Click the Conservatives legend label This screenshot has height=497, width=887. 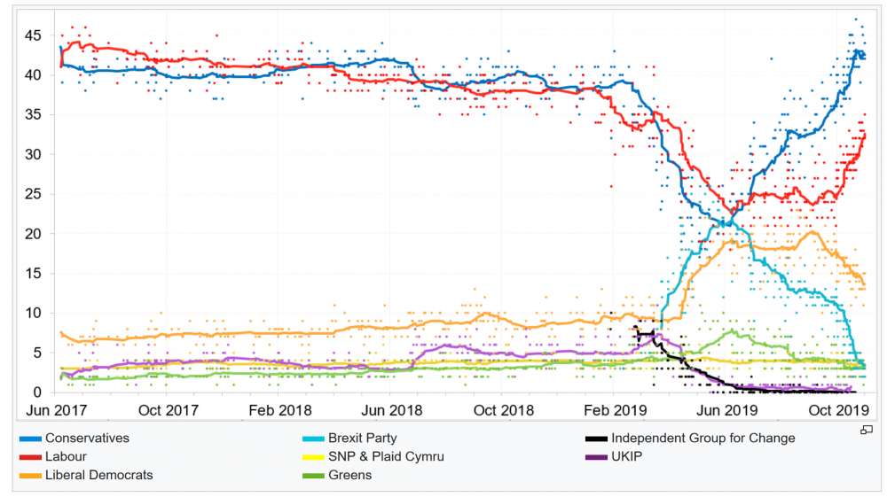pyautogui.click(x=87, y=438)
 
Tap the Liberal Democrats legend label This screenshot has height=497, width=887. pyautogui.click(x=98, y=475)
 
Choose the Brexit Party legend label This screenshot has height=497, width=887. pyautogui.click(x=362, y=438)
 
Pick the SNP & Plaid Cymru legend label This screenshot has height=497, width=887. pyautogui.click(x=386, y=456)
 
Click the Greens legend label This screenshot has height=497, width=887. pyautogui.click(x=349, y=475)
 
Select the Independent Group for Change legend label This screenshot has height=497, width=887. pyautogui.click(x=703, y=438)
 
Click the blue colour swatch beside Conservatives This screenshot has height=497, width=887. pyautogui.click(x=30, y=439)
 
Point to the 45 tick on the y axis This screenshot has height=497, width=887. pyautogui.click(x=33, y=35)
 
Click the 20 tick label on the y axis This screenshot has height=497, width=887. pyautogui.click(x=33, y=234)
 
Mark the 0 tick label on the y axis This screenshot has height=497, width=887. pyautogui.click(x=36, y=392)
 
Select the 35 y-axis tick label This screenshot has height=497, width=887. pyautogui.click(x=33, y=114)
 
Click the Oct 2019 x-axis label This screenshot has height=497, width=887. pyautogui.click(x=839, y=410)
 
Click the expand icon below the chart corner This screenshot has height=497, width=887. pyautogui.click(x=867, y=430)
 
